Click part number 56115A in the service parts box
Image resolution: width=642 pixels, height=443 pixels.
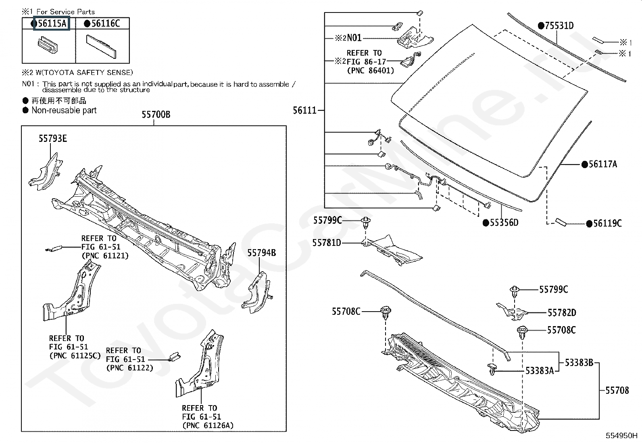(x=52, y=23)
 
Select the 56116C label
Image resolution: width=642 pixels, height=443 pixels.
(x=105, y=23)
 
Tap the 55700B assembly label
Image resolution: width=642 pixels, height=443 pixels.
(x=156, y=115)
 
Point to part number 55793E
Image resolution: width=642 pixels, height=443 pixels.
(x=53, y=139)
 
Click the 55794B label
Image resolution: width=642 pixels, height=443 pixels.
(x=261, y=253)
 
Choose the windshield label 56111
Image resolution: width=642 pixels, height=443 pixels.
(x=305, y=110)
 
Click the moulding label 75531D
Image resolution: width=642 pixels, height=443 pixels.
(x=559, y=26)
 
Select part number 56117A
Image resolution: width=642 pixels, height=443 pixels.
(x=602, y=164)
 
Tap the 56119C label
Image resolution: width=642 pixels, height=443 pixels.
(x=607, y=223)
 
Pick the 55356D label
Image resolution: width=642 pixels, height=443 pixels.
(x=504, y=223)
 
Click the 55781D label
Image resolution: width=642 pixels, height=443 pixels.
(x=327, y=243)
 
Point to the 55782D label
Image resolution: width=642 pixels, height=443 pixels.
(x=562, y=312)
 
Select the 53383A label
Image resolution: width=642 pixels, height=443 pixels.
(x=539, y=370)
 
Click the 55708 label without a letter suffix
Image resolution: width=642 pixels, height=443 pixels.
(x=617, y=390)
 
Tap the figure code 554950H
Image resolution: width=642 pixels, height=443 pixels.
(x=621, y=436)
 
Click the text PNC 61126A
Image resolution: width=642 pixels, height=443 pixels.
(x=208, y=425)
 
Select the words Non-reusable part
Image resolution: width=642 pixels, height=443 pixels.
(x=64, y=110)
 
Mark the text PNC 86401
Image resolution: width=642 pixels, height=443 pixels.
(x=370, y=70)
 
